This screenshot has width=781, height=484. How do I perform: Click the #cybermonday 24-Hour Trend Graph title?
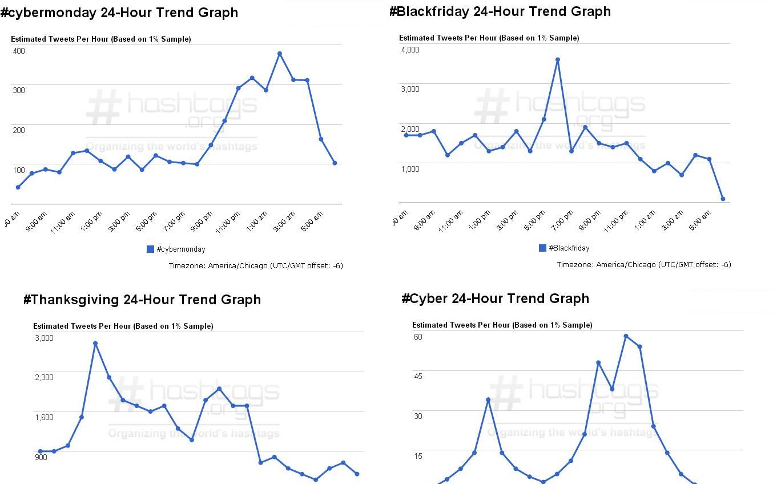(x=119, y=13)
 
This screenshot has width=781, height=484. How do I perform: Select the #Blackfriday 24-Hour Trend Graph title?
(x=500, y=11)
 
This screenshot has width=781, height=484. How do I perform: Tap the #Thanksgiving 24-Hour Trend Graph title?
(x=142, y=300)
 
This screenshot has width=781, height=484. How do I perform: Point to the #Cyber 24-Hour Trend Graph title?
(x=495, y=299)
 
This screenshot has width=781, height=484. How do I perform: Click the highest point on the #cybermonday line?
(x=280, y=54)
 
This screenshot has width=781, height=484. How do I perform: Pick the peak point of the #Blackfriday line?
(x=558, y=59)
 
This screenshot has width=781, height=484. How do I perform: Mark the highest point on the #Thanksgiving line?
(x=95, y=343)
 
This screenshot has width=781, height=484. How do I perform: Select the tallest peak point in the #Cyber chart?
(x=626, y=336)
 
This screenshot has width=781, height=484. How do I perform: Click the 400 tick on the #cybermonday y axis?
(x=19, y=51)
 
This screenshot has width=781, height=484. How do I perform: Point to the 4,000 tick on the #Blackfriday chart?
(x=410, y=50)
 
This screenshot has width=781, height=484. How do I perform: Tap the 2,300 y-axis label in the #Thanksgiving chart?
(x=44, y=377)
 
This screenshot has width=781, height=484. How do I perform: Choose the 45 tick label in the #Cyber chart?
(x=418, y=376)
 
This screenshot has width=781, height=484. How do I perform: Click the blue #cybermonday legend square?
(x=151, y=249)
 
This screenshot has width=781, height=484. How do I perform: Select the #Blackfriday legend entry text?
(x=569, y=248)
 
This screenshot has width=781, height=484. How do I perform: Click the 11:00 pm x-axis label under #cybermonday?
(x=231, y=221)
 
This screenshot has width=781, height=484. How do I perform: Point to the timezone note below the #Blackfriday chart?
(x=644, y=264)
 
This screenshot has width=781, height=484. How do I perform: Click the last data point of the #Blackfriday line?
(x=723, y=199)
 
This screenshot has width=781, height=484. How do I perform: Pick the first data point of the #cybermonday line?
(x=18, y=187)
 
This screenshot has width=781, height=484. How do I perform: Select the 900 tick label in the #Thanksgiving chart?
(x=41, y=457)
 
